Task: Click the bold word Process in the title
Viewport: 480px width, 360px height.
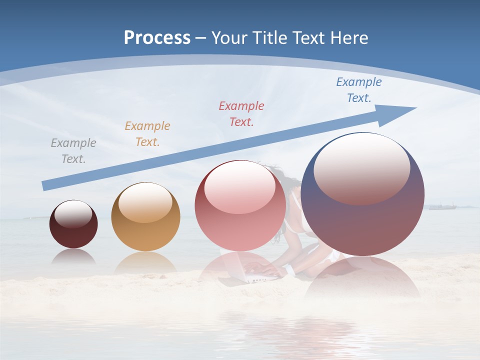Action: coord(157,37)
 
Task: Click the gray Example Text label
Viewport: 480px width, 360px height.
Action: coord(73,150)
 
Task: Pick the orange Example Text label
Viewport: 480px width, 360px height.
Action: coord(147,133)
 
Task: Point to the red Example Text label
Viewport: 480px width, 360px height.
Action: coord(241,113)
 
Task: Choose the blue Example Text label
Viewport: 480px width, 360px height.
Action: coord(359,90)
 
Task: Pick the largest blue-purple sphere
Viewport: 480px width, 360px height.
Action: coord(363,225)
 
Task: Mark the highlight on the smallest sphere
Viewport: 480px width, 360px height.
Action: coord(73,214)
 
